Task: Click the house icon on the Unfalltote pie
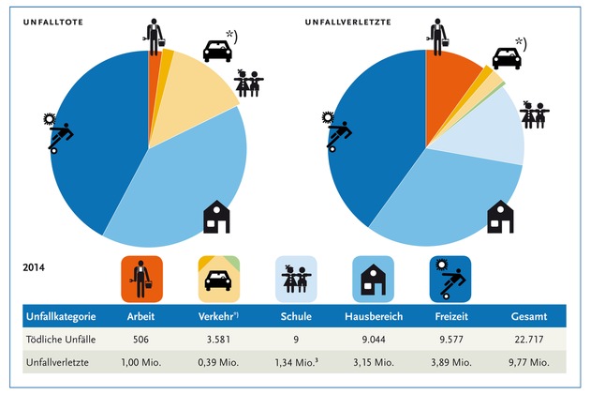click(x=216, y=216)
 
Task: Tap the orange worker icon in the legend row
click(x=142, y=279)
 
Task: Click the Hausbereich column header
click(x=375, y=317)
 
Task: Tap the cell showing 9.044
click(x=375, y=339)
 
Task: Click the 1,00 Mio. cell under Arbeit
click(x=142, y=362)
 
